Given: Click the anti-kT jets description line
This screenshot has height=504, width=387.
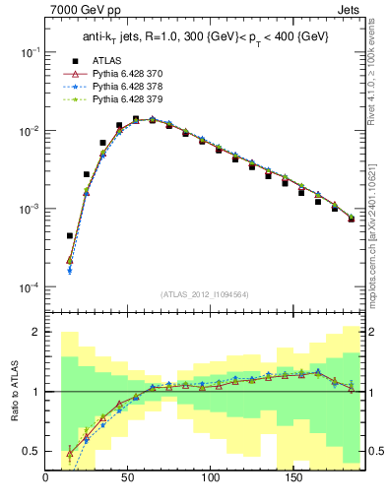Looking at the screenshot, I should [205, 37].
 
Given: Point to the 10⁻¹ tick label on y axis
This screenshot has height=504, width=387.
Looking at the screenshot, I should [29, 52].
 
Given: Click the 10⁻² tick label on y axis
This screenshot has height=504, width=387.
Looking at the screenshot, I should [29, 131].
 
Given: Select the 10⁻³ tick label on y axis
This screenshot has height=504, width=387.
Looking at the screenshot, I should [29, 209].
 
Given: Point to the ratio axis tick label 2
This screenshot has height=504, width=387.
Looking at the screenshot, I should [35, 333].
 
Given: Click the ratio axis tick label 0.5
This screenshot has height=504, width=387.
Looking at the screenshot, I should [32, 451].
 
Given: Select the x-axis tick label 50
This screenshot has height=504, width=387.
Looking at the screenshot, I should [128, 479].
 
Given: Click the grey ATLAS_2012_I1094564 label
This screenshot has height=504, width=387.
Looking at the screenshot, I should [204, 294].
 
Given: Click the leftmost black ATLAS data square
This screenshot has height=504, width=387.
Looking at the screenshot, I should [70, 236].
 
